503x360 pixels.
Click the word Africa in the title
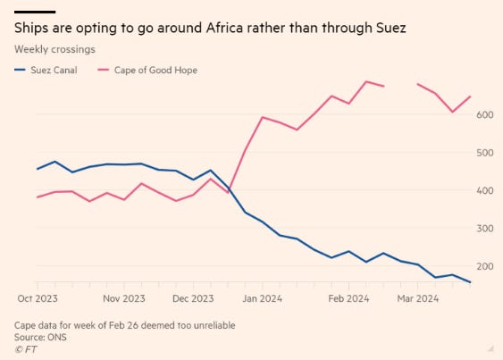[224, 28]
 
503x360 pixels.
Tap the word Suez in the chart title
[390, 28]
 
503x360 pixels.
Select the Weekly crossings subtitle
[54, 49]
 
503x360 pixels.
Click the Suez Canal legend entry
[46, 70]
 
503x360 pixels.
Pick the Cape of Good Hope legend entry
[147, 70]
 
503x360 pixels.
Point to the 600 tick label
[485, 114]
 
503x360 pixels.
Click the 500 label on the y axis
[485, 153]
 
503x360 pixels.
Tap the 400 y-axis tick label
[485, 190]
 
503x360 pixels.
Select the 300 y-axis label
[485, 229]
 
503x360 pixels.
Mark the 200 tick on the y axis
[485, 266]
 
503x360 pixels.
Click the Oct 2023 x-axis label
[38, 298]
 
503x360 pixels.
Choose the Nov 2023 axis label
[124, 298]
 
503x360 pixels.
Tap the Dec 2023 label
[193, 298]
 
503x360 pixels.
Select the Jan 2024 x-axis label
[263, 298]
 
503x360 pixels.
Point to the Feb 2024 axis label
[348, 298]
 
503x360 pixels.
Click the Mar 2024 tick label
[417, 298]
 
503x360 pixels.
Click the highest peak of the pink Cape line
[366, 81]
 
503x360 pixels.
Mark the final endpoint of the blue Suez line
[470, 282]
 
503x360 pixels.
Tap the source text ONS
[57, 337]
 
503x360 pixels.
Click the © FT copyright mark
[26, 349]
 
